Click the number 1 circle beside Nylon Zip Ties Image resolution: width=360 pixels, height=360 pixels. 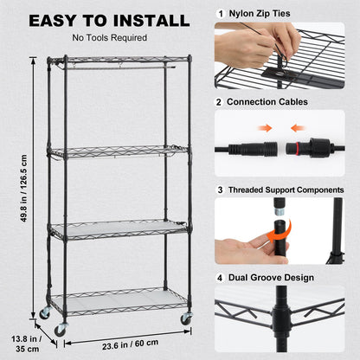[221, 14]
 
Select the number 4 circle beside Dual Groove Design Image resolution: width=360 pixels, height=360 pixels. [221, 278]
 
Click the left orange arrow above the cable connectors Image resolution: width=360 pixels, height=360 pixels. [267, 126]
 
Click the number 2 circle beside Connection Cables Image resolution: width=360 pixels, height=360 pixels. [221, 102]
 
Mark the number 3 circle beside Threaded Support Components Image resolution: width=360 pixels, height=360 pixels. [221, 188]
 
